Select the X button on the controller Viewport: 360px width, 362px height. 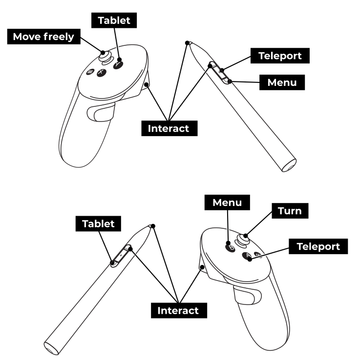[x=101, y=72]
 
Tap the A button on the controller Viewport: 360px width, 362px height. [x=248, y=256]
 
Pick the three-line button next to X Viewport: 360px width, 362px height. [x=90, y=72]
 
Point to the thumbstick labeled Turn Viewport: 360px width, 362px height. [x=242, y=240]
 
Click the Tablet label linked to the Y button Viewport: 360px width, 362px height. [x=114, y=20]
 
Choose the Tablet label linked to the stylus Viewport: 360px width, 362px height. [x=98, y=224]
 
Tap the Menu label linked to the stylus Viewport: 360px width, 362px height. [x=282, y=82]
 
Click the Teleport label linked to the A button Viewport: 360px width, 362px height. [x=318, y=246]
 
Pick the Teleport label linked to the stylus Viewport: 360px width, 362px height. [x=280, y=56]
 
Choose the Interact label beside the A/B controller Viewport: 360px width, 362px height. [x=178, y=310]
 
